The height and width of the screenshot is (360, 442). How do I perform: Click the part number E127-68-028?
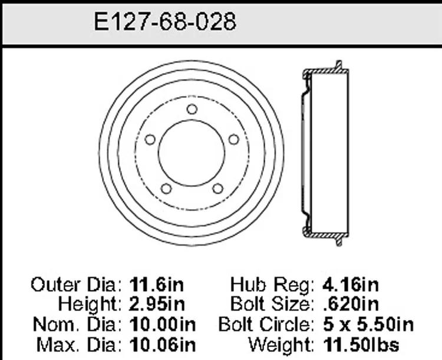pos(165,22)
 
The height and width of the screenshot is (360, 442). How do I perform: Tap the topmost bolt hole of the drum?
pos(192,109)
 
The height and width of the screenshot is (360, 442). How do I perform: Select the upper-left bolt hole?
pos(150,140)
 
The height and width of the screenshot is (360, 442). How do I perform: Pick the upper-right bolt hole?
pos(234,139)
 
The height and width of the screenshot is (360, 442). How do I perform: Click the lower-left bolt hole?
pos(166,189)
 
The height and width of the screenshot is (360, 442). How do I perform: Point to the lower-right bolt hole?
pos(217,189)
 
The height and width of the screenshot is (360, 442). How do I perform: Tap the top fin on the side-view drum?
pos(339,65)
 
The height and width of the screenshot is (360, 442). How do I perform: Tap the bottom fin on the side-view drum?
pos(339,240)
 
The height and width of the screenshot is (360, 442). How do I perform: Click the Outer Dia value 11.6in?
pos(157,285)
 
